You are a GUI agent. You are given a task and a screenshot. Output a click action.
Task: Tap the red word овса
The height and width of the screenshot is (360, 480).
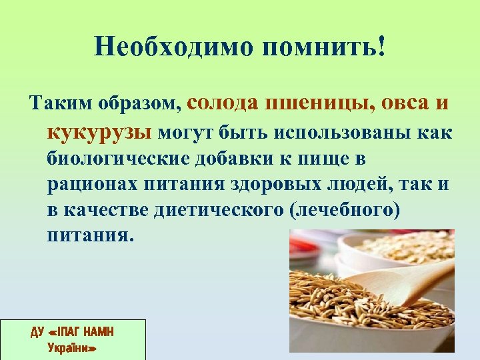pos(405,103)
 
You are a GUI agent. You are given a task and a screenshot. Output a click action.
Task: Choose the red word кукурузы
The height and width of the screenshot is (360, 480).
pos(99,132)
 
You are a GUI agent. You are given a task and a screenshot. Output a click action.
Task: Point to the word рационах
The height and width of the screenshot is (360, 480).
pos(89,184)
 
